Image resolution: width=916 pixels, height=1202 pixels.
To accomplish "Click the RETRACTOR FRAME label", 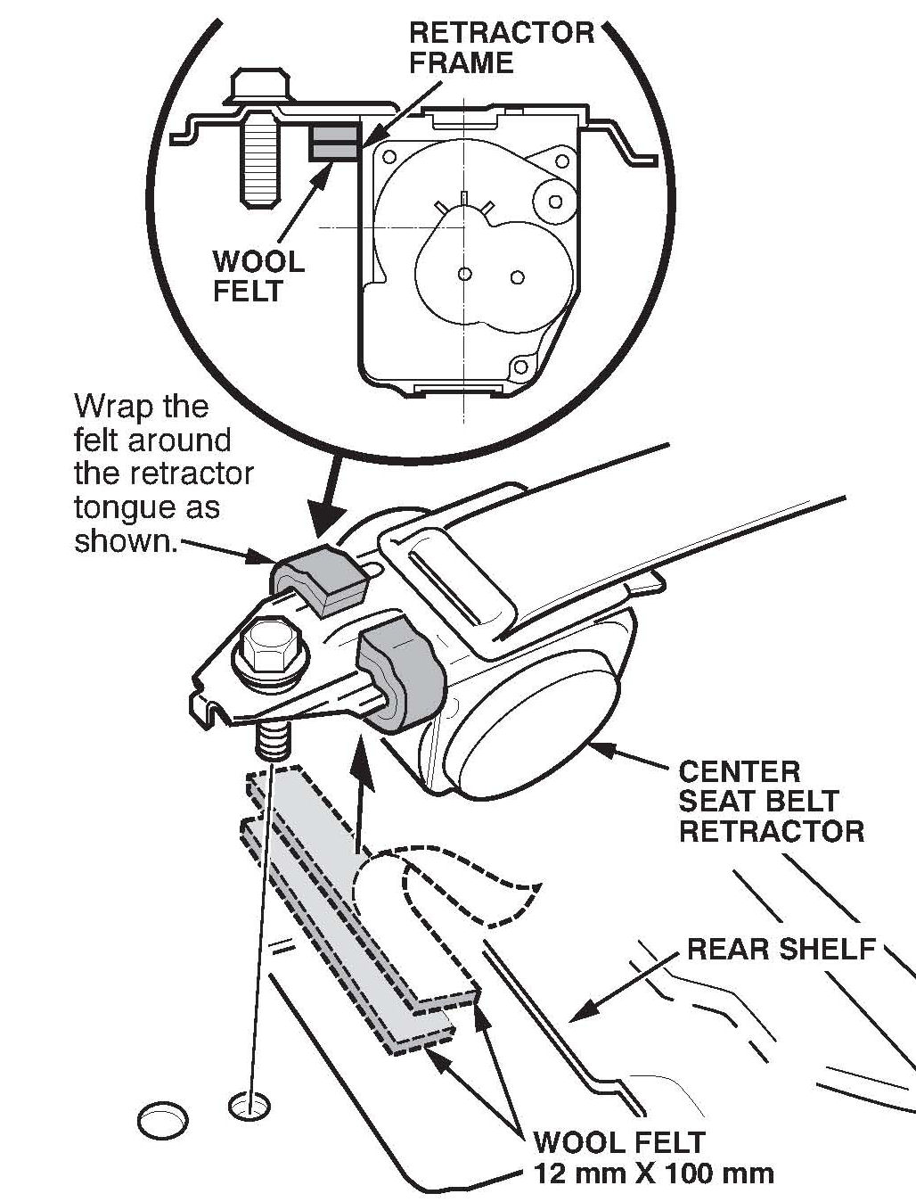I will (501, 47).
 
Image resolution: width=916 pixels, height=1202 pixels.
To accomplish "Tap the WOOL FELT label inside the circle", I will (258, 276).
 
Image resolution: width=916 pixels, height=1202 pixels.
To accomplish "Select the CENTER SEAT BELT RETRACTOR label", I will (771, 801).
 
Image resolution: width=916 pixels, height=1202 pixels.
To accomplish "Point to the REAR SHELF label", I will (781, 949).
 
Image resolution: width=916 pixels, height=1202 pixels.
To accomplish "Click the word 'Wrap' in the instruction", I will (111, 407).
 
